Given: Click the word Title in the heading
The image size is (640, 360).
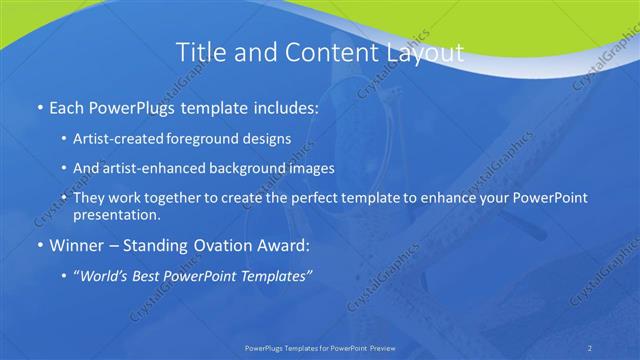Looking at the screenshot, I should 200,52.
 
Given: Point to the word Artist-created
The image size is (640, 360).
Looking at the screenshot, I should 119,139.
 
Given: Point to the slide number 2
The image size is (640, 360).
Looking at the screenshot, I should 589,347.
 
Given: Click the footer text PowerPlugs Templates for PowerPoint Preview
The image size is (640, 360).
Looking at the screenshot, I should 319,347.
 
